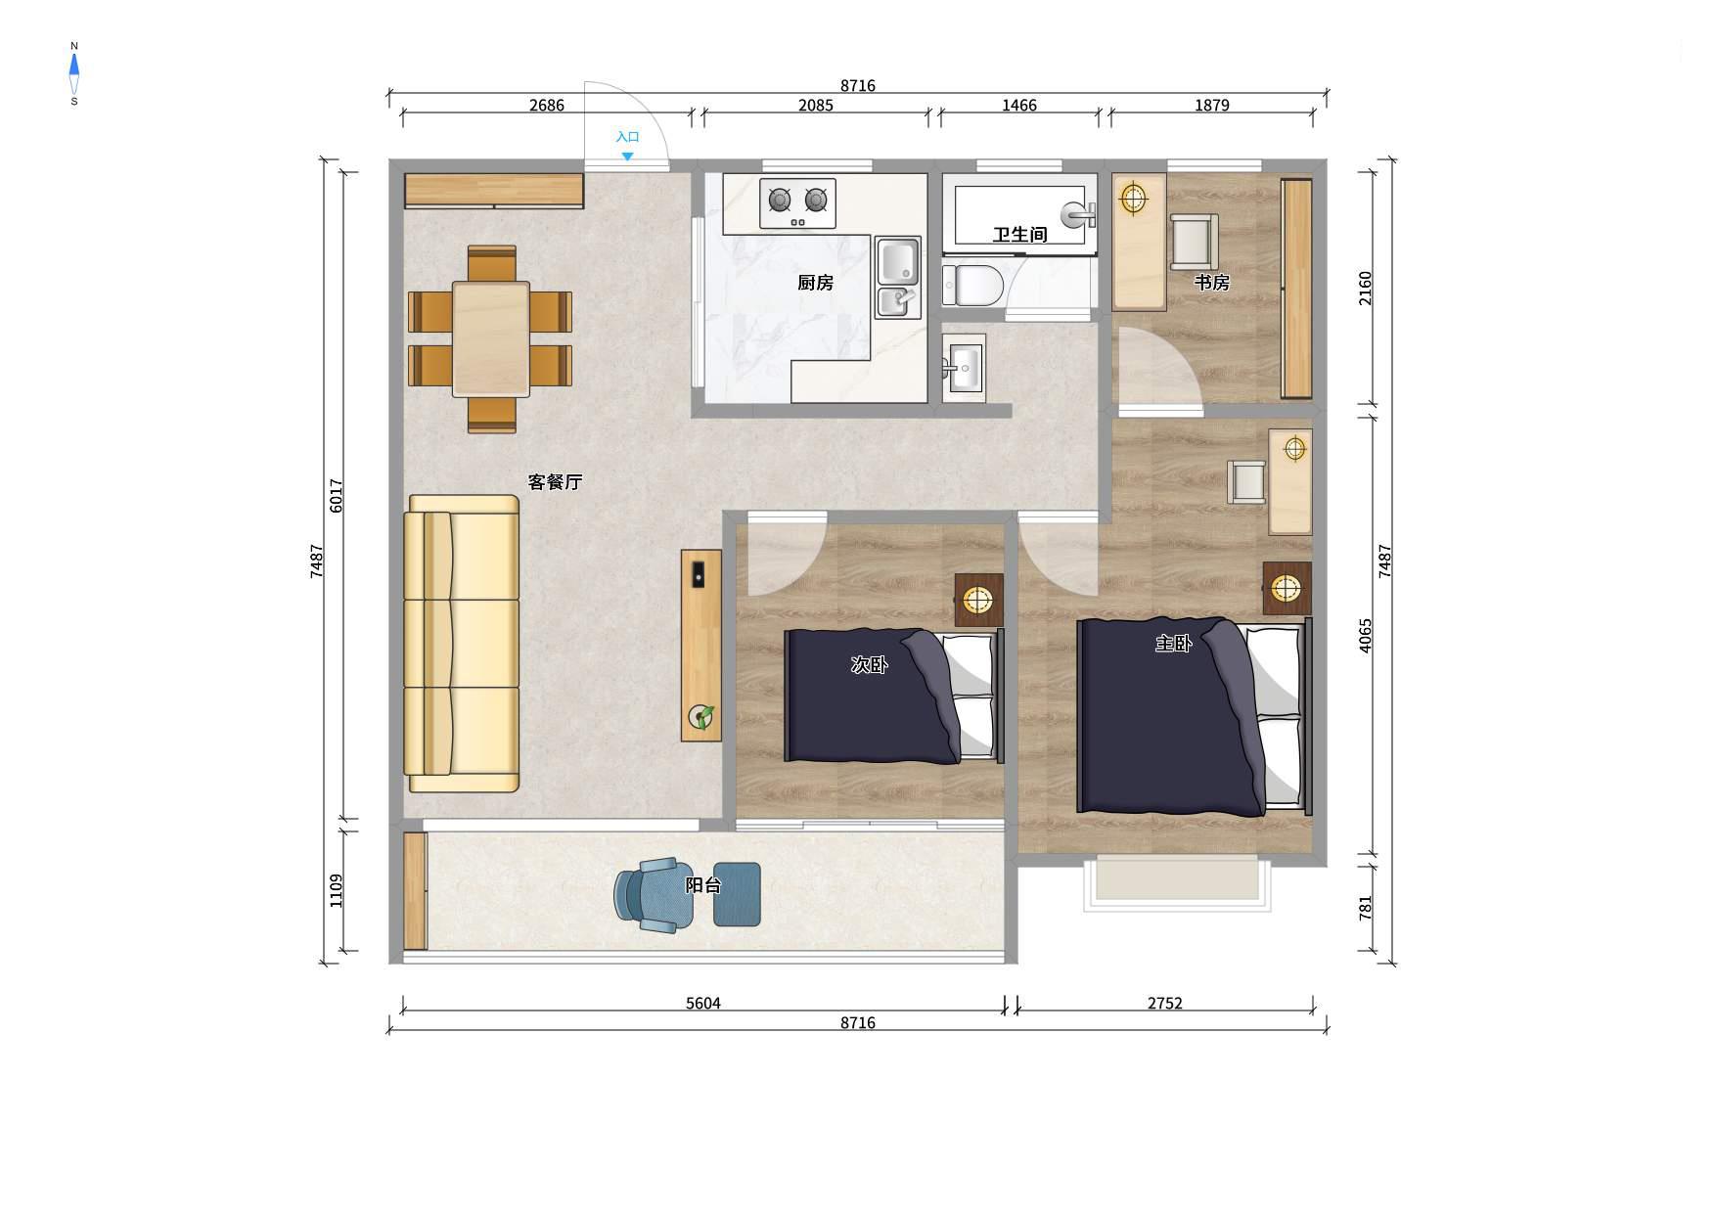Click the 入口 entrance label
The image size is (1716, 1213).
pyautogui.click(x=627, y=137)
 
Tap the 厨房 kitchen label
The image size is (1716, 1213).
pyautogui.click(x=815, y=283)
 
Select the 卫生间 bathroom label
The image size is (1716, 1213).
pyautogui.click(x=1019, y=235)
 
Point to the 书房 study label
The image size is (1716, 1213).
pyautogui.click(x=1211, y=283)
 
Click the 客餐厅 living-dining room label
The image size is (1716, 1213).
pyautogui.click(x=555, y=482)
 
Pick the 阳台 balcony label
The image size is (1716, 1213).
pyautogui.click(x=702, y=885)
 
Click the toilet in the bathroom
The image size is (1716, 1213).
pyautogui.click(x=972, y=285)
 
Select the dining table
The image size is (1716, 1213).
pyautogui.click(x=490, y=339)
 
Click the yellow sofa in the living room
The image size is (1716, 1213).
pyautogui.click(x=462, y=644)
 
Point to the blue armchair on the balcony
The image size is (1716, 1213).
pyautogui.click(x=653, y=895)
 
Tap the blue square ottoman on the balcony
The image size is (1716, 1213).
pyautogui.click(x=737, y=894)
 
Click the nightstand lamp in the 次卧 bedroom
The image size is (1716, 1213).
pyautogui.click(x=978, y=599)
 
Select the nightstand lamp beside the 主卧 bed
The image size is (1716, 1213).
pyautogui.click(x=1286, y=588)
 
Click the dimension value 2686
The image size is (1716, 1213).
pyautogui.click(x=546, y=106)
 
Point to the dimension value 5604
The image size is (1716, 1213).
pyautogui.click(x=702, y=1004)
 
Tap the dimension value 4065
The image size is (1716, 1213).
pyautogui.click(x=1366, y=636)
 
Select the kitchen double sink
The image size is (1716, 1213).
pyautogui.click(x=898, y=279)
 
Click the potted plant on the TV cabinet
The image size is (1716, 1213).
pyautogui.click(x=701, y=717)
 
